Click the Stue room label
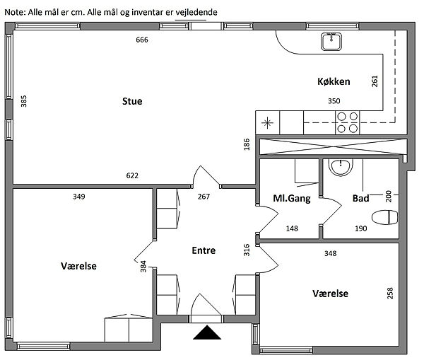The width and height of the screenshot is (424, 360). point(132,101)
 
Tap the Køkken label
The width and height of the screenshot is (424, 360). point(334,82)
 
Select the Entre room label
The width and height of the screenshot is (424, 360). point(204,250)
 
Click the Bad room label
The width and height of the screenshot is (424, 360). point(360,199)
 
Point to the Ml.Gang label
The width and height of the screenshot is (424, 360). point(292,199)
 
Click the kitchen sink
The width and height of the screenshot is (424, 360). point(331,42)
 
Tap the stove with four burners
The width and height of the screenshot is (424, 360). point(346,123)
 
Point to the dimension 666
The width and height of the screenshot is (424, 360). point(142,40)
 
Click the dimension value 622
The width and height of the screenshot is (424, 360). point(132,176)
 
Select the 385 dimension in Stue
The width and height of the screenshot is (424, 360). point(24,101)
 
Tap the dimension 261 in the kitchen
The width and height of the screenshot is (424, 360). point(375,82)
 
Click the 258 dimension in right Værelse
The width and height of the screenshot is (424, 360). point(389,293)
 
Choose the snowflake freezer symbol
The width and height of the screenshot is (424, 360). point(267,123)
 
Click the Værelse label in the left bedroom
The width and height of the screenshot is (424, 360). point(78,266)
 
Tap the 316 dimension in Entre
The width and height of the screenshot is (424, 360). point(247,250)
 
